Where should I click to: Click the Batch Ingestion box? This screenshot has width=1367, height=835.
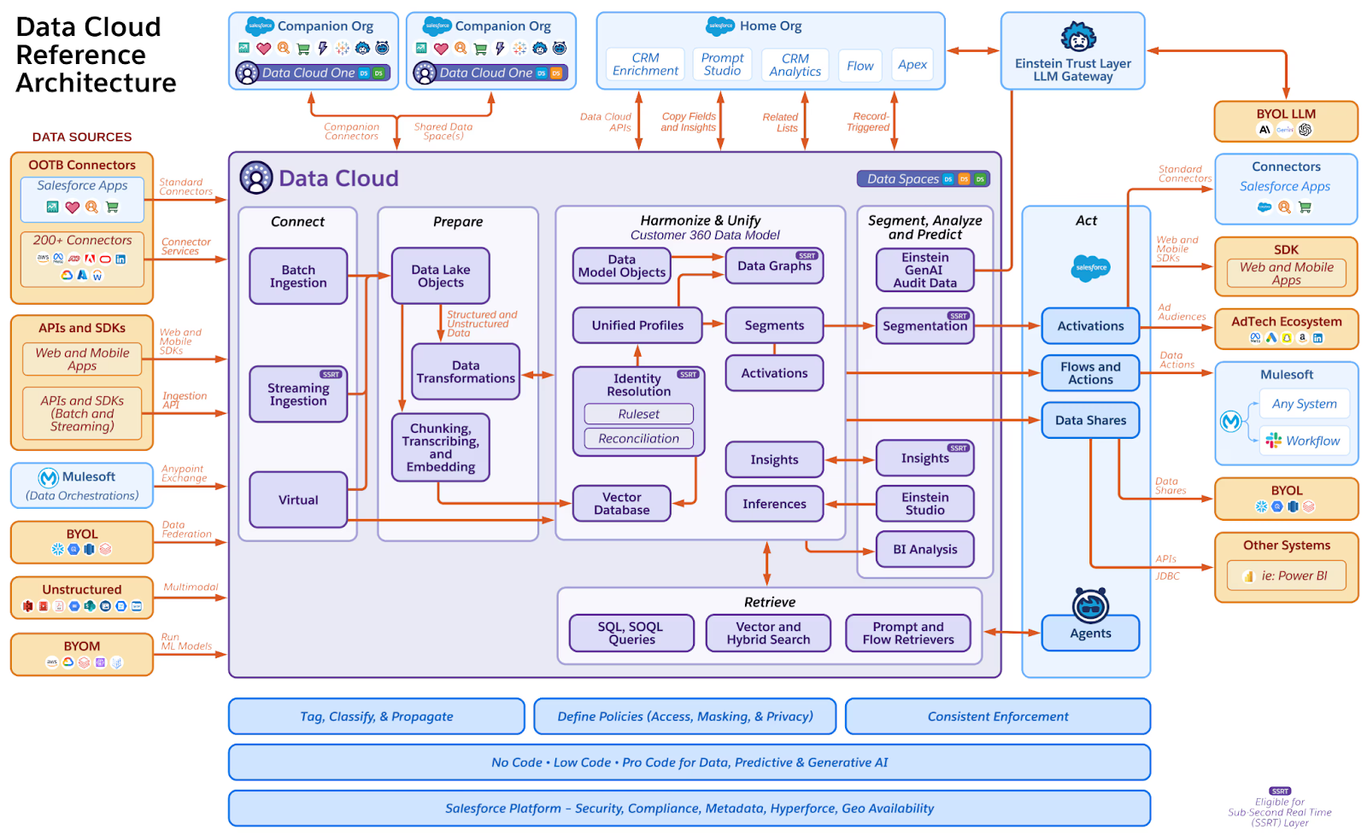pyautogui.click(x=298, y=276)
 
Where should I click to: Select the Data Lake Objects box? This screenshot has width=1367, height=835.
pyautogui.click(x=441, y=276)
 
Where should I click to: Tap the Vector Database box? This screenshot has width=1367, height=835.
pyautogui.click(x=621, y=504)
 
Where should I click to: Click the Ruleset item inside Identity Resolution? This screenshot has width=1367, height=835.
pyautogui.click(x=638, y=414)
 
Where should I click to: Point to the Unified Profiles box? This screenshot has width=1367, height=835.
pyautogui.click(x=637, y=325)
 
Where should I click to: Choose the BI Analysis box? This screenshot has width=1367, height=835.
pyautogui.click(x=924, y=550)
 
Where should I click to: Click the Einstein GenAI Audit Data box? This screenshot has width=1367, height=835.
pyautogui.click(x=924, y=270)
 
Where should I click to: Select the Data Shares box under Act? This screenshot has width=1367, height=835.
pyautogui.click(x=1090, y=420)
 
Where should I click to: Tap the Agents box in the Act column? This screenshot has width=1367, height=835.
pyautogui.click(x=1090, y=634)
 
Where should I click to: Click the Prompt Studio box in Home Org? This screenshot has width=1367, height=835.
pyautogui.click(x=722, y=64)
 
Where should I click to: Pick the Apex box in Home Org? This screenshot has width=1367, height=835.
pyautogui.click(x=912, y=65)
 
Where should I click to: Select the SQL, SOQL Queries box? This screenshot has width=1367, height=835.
pyautogui.click(x=631, y=633)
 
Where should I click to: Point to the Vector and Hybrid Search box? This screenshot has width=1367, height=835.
pyautogui.click(x=768, y=633)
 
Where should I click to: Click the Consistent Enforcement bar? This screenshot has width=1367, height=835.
pyautogui.click(x=997, y=716)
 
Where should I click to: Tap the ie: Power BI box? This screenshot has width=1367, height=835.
pyautogui.click(x=1286, y=575)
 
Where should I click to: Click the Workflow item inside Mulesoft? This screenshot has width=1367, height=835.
pyautogui.click(x=1305, y=441)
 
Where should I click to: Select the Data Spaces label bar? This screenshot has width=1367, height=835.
pyautogui.click(x=923, y=178)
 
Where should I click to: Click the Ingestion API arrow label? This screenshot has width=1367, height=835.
pyautogui.click(x=184, y=400)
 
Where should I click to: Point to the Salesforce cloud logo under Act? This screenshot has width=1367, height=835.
pyautogui.click(x=1090, y=267)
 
